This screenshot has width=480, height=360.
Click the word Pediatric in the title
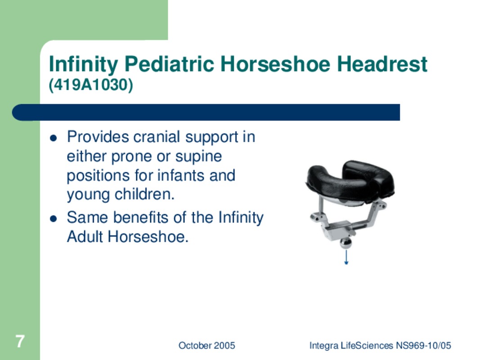pyautogui.click(x=169, y=64)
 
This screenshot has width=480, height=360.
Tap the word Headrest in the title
pyautogui.click(x=382, y=64)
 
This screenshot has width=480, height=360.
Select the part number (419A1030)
pyautogui.click(x=91, y=85)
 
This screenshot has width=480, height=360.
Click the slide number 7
pyautogui.click(x=20, y=342)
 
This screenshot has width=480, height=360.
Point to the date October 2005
pyautogui.click(x=207, y=346)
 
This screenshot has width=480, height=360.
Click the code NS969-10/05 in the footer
pyautogui.click(x=423, y=346)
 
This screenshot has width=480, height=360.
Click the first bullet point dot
pyautogui.click(x=53, y=138)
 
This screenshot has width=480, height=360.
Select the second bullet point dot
pyautogui.click(x=53, y=219)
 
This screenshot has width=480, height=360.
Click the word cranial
pyautogui.click(x=157, y=136)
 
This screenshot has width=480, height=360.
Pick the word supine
pyautogui.click(x=198, y=157)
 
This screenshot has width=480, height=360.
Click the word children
pyautogui.click(x=144, y=194)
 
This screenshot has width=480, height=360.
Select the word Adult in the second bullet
pyautogui.click(x=85, y=237)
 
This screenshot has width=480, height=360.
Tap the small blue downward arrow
pyautogui.click(x=346, y=257)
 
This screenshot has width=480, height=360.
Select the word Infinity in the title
pyautogui.click(x=83, y=64)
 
